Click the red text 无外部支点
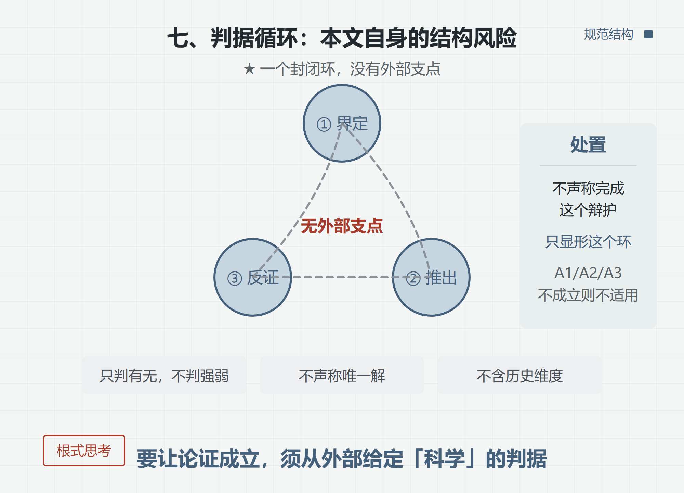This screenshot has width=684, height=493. (x=342, y=226)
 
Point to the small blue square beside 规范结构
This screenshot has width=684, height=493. (x=648, y=34)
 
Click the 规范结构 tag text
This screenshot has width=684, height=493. (x=608, y=34)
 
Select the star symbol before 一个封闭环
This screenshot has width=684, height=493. (x=249, y=69)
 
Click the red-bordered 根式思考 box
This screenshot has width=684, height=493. (x=84, y=451)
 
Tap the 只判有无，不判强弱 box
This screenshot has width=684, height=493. (x=164, y=376)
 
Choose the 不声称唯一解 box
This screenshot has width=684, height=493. (x=342, y=376)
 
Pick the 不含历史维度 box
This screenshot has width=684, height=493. (x=520, y=376)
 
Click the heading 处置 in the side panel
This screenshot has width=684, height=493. (x=588, y=144)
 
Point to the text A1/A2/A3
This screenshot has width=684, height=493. (x=588, y=273)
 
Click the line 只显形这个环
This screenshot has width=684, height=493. (x=588, y=242)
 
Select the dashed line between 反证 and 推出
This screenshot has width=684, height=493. (x=342, y=277)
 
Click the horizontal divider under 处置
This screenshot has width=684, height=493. (x=588, y=166)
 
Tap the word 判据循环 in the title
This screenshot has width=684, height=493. (x=254, y=38)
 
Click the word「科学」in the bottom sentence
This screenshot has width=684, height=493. (x=445, y=459)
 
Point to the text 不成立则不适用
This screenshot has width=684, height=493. (x=588, y=295)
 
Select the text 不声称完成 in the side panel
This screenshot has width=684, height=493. (x=588, y=188)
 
